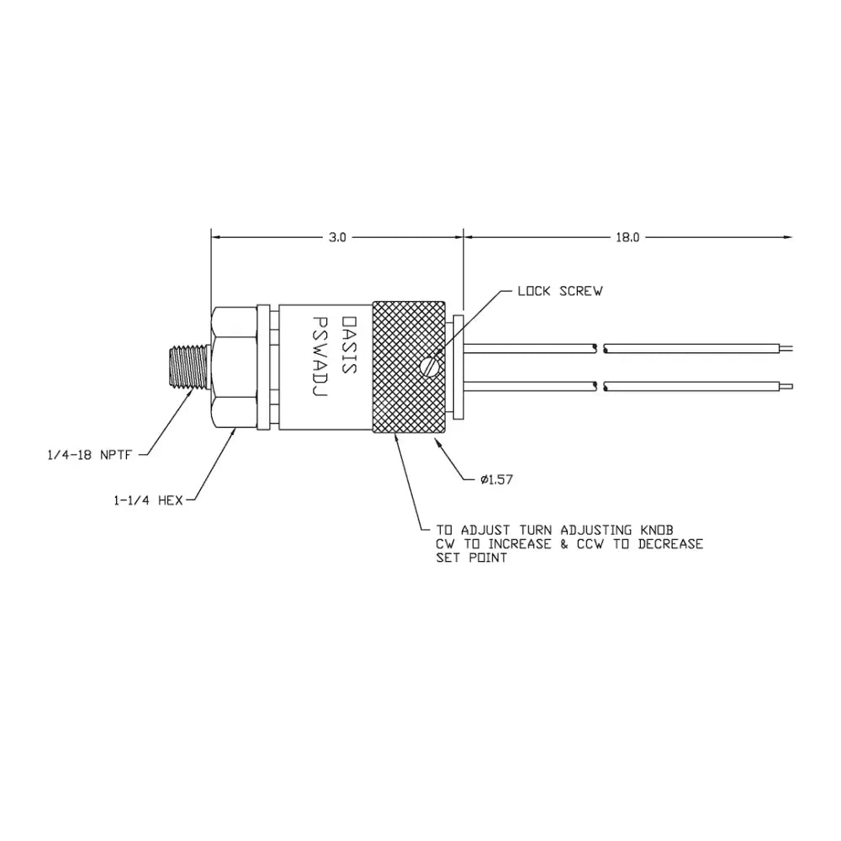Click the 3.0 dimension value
pos(337,238)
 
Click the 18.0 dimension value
pos(627,238)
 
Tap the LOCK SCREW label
pos(560,291)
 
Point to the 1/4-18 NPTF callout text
pos(90,455)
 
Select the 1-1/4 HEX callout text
pos(148,500)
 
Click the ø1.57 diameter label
pos(497,479)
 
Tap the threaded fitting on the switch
pos(188,368)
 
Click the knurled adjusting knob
pos(409,368)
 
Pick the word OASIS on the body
pos(349,345)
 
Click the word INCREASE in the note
pos(519,544)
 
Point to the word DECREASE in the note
pos(670,544)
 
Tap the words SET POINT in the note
pos(472,558)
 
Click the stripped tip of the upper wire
pos(785,349)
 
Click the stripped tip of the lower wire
pos(785,386)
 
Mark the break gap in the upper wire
pos(600,349)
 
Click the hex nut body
pos(235,368)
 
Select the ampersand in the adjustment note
pos(563,544)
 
